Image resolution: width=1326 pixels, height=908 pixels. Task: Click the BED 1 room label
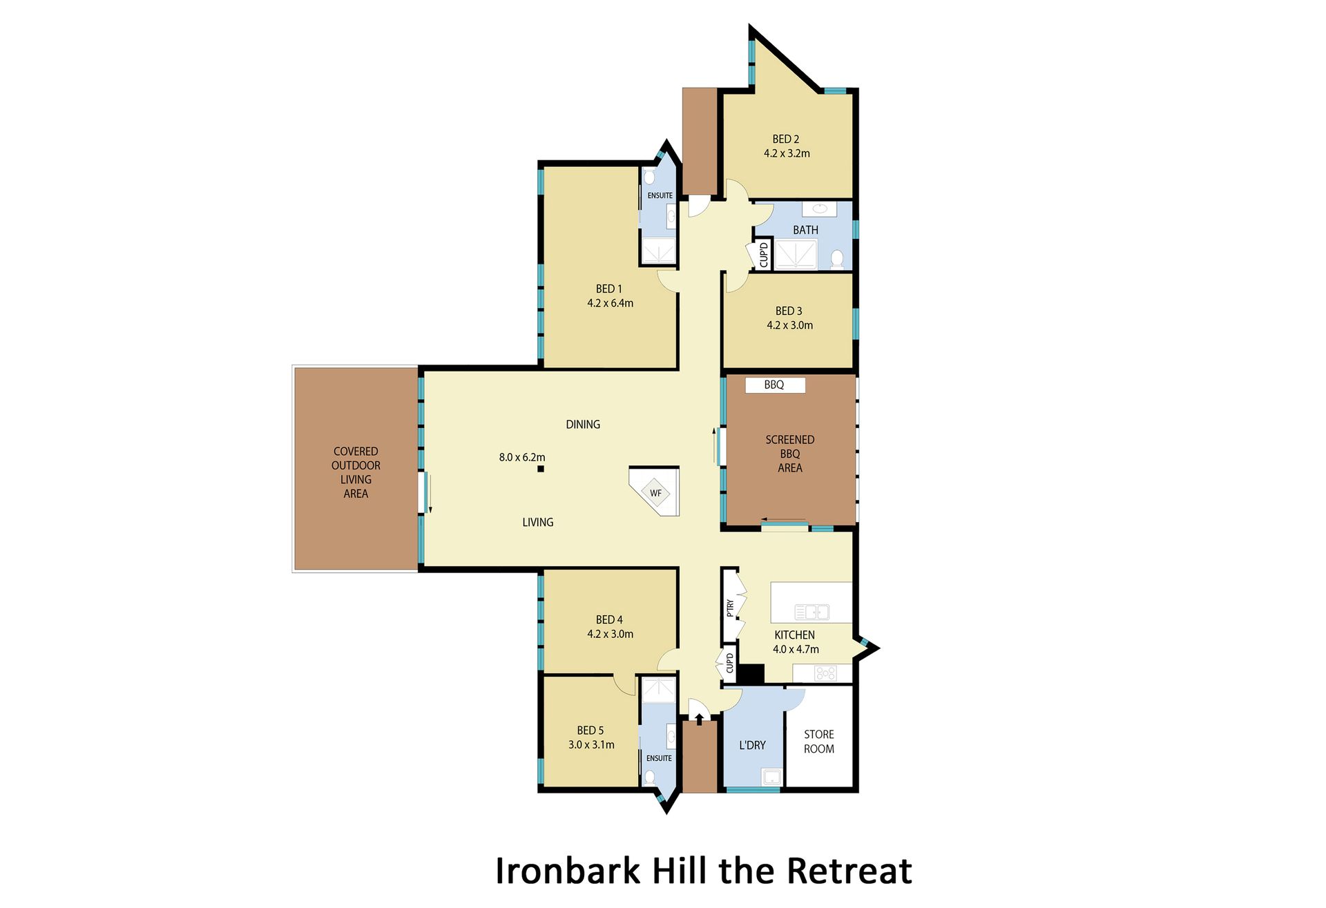click(608, 289)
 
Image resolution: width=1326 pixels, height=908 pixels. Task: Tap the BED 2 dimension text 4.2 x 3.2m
click(787, 153)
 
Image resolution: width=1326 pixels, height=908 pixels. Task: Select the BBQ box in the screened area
click(775, 385)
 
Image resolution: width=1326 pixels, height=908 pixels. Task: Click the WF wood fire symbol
click(655, 493)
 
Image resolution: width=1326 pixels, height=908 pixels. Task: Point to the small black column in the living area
click(541, 469)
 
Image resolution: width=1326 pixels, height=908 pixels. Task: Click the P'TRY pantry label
click(730, 608)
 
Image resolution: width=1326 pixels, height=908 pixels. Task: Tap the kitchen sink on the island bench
click(811, 612)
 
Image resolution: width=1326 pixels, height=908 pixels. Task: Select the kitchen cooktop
click(825, 673)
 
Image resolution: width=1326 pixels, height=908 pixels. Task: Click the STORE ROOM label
click(819, 742)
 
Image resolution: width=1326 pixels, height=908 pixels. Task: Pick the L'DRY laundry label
click(752, 745)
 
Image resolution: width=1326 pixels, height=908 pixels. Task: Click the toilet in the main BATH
click(837, 260)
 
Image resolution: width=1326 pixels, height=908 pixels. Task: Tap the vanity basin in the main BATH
click(820, 209)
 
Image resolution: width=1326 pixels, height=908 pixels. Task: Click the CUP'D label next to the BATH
click(763, 255)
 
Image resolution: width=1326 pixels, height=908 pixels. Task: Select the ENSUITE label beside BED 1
click(660, 195)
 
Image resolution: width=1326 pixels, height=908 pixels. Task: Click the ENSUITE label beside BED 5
click(659, 758)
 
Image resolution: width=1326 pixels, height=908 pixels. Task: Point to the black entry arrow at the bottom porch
click(699, 719)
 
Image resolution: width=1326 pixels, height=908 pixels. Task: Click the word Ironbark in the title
click(568, 871)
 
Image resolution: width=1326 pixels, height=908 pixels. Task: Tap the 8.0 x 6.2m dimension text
click(522, 457)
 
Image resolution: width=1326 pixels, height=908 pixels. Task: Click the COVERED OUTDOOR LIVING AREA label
click(356, 472)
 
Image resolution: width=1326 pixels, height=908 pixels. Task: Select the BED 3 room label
click(789, 311)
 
